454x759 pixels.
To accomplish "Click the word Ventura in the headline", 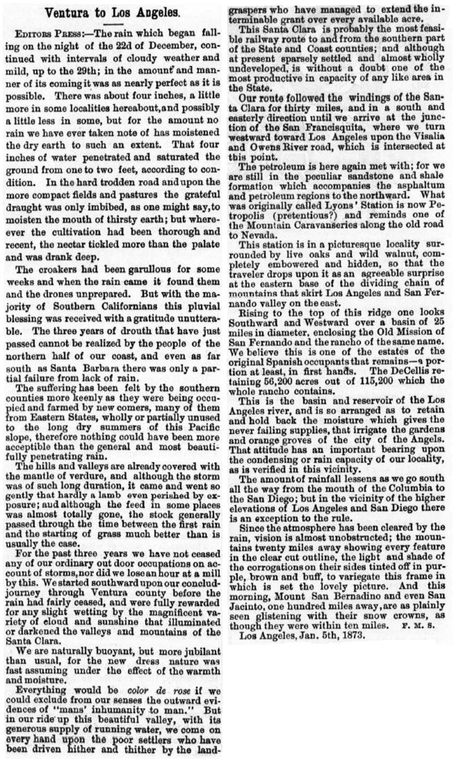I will (68, 11).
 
